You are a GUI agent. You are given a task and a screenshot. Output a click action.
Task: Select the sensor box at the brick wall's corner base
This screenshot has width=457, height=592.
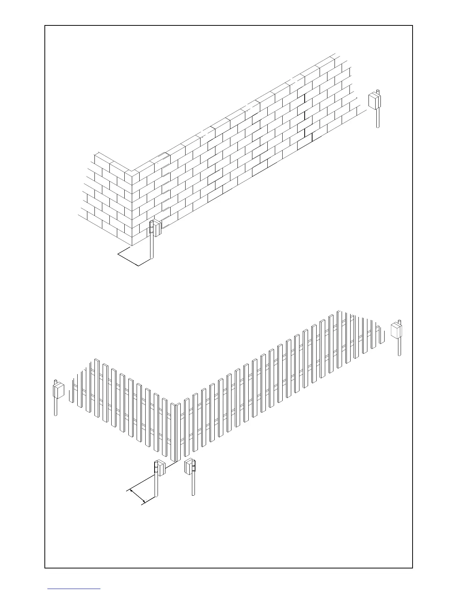point(157,228)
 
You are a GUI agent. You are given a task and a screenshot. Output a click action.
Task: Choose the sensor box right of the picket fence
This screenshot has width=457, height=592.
point(396,331)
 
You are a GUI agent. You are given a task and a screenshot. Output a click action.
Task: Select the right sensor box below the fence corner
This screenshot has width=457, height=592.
point(190,466)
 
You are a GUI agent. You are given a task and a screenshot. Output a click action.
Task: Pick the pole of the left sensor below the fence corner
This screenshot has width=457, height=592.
point(156,486)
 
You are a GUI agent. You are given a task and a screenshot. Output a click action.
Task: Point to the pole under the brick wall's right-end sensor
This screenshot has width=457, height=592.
point(378,118)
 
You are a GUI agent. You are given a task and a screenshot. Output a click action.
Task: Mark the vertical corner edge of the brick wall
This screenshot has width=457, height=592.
point(131,209)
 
